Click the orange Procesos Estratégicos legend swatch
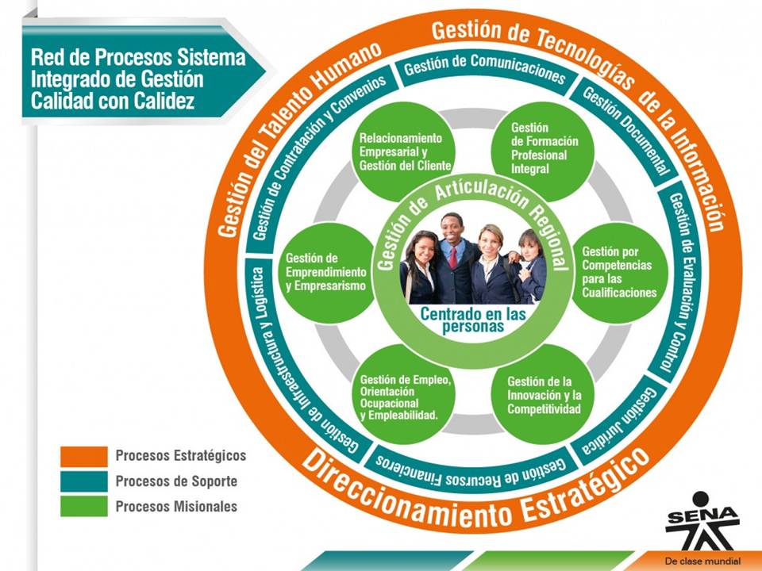84,457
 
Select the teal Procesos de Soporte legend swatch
84,481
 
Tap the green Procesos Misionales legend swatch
84,506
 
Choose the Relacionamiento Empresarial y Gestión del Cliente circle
403,151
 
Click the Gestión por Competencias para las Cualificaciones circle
618,273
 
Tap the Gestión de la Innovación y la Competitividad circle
543,394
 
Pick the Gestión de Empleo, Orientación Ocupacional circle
403,394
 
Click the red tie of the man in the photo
453,257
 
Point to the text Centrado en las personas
473,320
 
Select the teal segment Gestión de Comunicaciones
484,70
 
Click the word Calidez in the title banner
164,101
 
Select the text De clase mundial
702,561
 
